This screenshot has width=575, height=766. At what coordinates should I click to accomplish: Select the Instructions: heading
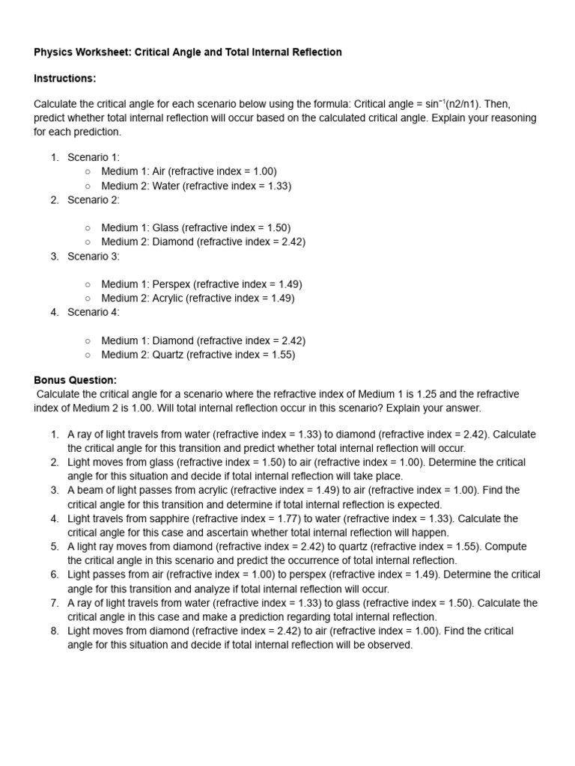pyautogui.click(x=65, y=79)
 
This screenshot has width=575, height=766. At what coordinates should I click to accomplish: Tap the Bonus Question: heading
pyautogui.click(x=76, y=380)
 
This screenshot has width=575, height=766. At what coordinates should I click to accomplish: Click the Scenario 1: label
pyautogui.click(x=94, y=157)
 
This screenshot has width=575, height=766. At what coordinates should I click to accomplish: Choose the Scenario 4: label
pyautogui.click(x=94, y=312)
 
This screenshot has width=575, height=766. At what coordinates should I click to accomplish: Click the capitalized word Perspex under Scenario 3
pyautogui.click(x=171, y=284)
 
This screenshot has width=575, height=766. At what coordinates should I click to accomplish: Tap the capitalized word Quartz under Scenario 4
pyautogui.click(x=168, y=355)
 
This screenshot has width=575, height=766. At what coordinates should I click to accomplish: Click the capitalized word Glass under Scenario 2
pyautogui.click(x=166, y=227)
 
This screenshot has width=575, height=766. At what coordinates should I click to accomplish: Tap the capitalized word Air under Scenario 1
pyautogui.click(x=161, y=171)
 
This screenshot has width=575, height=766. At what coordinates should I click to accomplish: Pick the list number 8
pyautogui.click(x=55, y=631)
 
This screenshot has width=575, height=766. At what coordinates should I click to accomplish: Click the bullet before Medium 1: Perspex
pyautogui.click(x=88, y=284)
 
